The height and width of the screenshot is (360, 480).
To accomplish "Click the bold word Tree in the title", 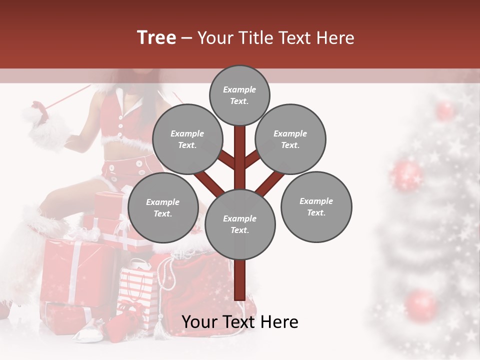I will click(x=156, y=38).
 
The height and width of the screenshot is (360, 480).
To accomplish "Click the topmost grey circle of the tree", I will click(x=239, y=95).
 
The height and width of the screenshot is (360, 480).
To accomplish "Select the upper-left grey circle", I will click(x=187, y=139).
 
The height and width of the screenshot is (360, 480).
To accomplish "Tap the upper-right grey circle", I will click(x=290, y=139).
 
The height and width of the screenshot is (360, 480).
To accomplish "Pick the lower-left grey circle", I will click(x=163, y=208).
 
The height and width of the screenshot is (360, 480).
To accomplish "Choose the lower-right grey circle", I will click(x=316, y=207).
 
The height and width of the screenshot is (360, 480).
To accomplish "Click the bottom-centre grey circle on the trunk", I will click(x=240, y=224).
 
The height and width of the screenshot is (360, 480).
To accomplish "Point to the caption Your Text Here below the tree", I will click(x=240, y=322).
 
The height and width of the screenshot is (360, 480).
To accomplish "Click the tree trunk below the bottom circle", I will click(x=240, y=280).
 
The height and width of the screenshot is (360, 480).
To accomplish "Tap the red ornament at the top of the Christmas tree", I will click(x=444, y=110).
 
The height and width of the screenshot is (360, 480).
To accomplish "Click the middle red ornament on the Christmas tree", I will click(x=406, y=175).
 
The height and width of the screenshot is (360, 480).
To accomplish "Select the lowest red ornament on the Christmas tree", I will click(x=421, y=305).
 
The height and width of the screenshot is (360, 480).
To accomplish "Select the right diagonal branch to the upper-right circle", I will click(x=253, y=159).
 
